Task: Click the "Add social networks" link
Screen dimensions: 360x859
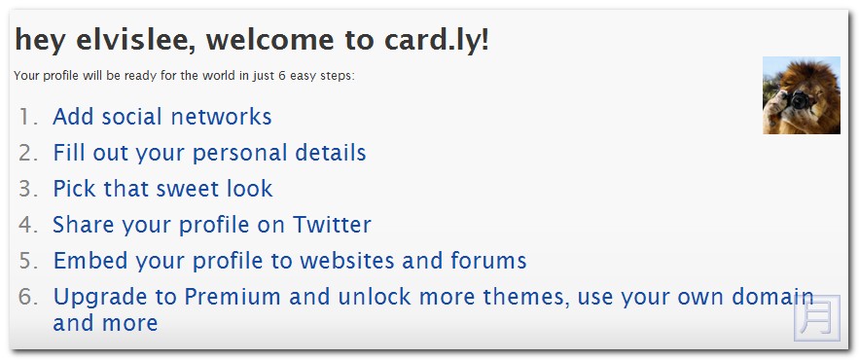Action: coord(161,117)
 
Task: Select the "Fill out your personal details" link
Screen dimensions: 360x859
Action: coord(209,153)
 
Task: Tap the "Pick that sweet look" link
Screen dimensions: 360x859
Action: coord(162,189)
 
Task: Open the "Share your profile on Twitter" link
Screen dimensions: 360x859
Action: coord(212,225)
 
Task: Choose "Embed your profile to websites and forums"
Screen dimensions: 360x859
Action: coord(290,261)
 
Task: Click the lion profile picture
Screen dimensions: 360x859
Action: coord(801,94)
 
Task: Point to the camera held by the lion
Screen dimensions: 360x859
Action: coord(799,100)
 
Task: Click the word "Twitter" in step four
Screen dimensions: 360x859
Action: coord(332,225)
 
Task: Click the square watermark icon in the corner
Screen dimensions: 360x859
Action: coord(816,318)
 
